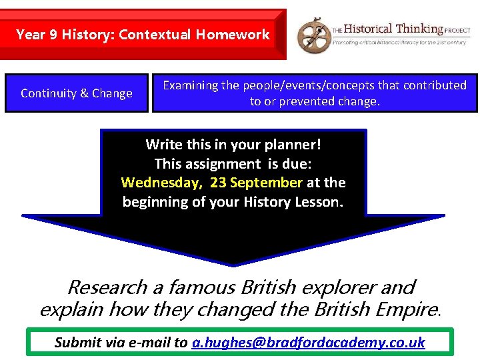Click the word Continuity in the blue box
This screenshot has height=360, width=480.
pyautogui.click(x=47, y=93)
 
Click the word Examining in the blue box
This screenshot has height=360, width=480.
pyautogui.click(x=191, y=85)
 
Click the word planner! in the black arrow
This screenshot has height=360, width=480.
pyautogui.click(x=297, y=144)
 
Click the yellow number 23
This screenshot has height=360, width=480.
pyautogui.click(x=218, y=182)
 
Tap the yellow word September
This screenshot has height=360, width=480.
pyautogui.click(x=266, y=182)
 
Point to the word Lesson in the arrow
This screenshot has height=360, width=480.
pyautogui.click(x=319, y=201)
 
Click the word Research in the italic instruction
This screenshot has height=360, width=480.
pyautogui.click(x=107, y=287)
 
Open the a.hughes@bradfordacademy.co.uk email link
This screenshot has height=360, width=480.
pyautogui.click(x=308, y=342)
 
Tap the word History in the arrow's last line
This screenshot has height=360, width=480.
pyautogui.click(x=269, y=201)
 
